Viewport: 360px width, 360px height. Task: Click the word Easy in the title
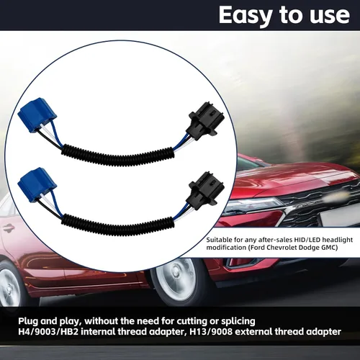pos(245,15)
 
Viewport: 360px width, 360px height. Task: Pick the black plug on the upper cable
pos(206,119)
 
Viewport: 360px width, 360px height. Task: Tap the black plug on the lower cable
pos(206,189)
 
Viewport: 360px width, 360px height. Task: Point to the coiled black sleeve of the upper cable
pos(117,156)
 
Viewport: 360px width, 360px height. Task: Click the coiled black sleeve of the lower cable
pos(117,225)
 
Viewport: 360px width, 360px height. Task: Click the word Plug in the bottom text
pos(28,321)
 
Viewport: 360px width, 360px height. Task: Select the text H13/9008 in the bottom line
pos(211,332)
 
